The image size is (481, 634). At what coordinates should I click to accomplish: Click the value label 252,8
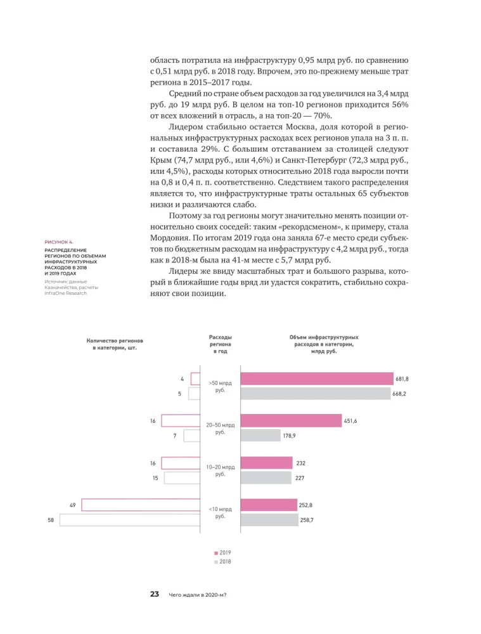pos(307,505)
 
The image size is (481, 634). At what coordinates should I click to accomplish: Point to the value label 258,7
pos(307,520)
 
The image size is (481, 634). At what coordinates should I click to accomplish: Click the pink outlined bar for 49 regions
pos(141,505)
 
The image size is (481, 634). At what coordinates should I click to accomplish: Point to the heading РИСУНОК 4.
pos(58,242)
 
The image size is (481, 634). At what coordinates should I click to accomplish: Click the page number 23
pos(154,594)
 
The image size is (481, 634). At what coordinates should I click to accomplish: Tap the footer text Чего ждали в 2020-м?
pos(198,595)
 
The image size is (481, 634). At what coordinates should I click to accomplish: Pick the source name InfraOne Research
pos(65,293)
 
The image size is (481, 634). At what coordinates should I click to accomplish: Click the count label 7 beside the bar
pos(174,436)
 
